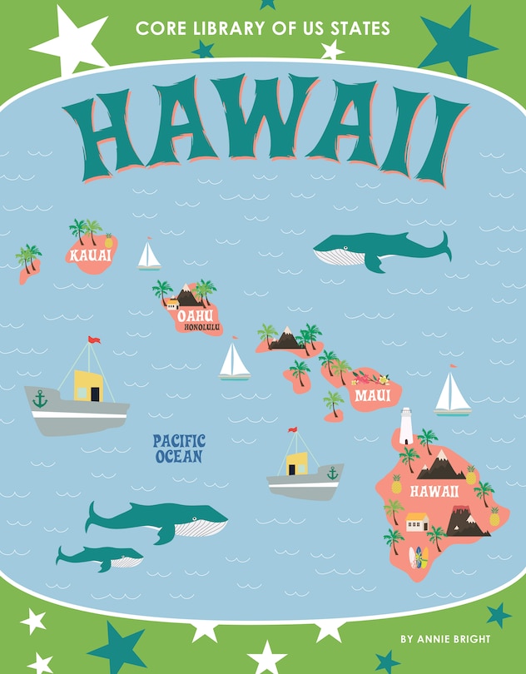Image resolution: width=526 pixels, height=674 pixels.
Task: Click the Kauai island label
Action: coord(91,255)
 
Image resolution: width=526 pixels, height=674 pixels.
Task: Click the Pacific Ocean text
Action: coord(179,449)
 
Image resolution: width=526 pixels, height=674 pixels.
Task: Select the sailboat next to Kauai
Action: coord(149,255)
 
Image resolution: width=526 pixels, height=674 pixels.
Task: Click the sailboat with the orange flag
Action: coord(452,393)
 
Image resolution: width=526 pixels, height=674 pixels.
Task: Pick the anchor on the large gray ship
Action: coord(40,399)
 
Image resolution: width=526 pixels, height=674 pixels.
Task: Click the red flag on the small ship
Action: coord(293,431)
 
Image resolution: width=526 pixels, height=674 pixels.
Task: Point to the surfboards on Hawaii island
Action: coord(419,556)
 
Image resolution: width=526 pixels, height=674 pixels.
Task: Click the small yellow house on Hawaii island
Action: coord(416,523)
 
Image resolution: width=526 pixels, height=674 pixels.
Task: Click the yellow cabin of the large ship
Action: coord(87,385)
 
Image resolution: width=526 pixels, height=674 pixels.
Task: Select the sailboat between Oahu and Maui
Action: coord(235,362)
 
